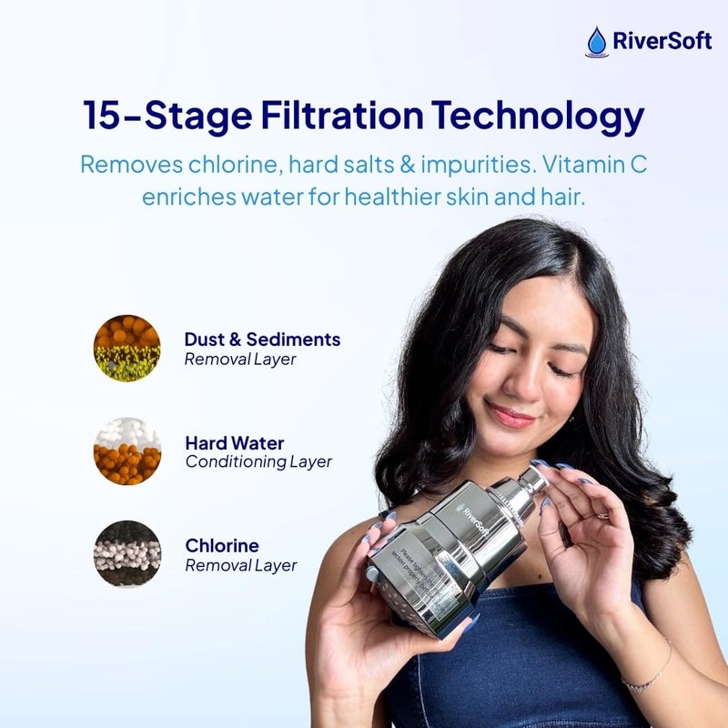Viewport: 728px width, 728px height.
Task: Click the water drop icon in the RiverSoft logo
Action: (x=597, y=42)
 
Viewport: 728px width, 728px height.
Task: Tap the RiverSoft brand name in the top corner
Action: (x=660, y=42)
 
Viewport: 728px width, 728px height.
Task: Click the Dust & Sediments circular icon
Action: (x=126, y=348)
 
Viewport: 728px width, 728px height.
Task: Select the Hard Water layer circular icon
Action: (x=126, y=451)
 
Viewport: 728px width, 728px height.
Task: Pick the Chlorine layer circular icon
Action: (x=126, y=554)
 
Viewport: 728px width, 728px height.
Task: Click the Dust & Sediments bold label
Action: (x=262, y=339)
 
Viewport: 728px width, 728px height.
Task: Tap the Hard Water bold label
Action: (x=234, y=443)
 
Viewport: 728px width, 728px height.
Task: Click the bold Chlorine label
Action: (x=222, y=546)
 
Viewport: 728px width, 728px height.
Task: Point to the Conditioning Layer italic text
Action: (x=258, y=462)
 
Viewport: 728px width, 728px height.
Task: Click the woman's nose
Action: (x=521, y=382)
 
